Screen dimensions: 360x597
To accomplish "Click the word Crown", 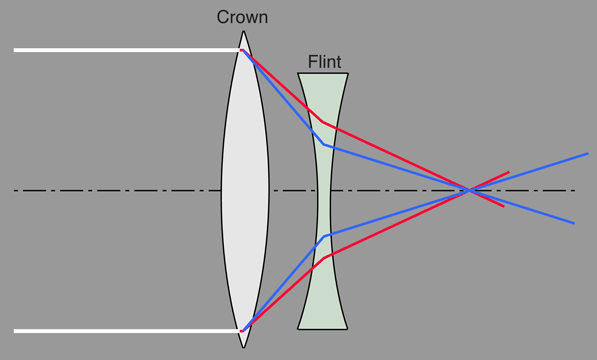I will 242,18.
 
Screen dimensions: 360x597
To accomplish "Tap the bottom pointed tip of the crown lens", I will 244,348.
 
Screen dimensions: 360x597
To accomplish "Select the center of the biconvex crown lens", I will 244,190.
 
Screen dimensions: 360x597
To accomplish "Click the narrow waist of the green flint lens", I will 323,190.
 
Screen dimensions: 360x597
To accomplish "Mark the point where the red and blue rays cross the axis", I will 469,189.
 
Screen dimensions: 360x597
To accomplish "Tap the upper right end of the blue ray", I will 587,154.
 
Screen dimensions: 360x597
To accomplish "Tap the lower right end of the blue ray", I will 574,222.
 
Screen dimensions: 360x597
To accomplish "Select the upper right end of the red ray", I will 508,172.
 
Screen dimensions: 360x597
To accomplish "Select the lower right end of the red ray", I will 503,206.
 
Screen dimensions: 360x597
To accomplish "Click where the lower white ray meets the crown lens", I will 241,330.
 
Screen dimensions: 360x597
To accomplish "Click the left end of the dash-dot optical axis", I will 15,190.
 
